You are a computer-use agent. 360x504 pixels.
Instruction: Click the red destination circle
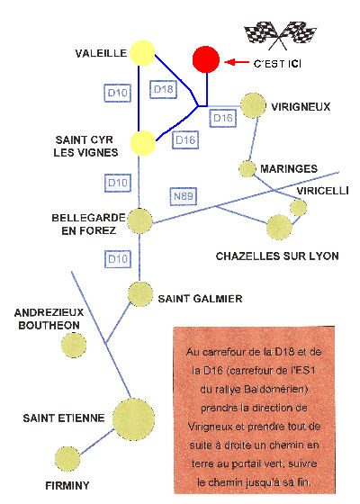206,59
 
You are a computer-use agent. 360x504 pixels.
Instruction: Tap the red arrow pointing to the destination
236,62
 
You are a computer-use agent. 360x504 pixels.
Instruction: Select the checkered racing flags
280,35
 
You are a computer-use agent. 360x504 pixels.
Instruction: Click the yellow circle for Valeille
143,53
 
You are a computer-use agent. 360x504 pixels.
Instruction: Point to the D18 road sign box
163,89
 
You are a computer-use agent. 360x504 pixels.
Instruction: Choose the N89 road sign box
184,196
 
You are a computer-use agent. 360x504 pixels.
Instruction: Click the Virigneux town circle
253,105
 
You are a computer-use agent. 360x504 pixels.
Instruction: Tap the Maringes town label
289,169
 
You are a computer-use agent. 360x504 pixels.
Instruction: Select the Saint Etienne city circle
133,419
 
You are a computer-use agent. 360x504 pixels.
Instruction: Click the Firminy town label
67,485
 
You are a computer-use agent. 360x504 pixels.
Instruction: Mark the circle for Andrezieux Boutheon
74,346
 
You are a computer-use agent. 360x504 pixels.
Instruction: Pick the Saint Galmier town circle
140,294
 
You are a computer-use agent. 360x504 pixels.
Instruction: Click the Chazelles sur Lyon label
277,256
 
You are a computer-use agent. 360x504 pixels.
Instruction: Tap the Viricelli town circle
299,208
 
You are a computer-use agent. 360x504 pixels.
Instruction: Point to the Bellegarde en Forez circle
139,220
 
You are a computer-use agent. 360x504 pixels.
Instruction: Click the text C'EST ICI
277,64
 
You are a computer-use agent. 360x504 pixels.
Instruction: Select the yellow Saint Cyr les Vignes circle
143,143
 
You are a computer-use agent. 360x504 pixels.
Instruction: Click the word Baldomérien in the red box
275,389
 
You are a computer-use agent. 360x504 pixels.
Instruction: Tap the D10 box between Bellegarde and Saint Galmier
118,259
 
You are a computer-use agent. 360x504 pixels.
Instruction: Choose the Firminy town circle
67,459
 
